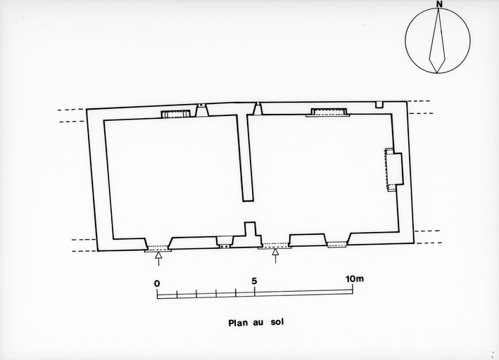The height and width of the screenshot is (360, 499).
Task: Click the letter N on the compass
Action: pos(439,4)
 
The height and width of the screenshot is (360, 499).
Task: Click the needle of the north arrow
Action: pos(437,41)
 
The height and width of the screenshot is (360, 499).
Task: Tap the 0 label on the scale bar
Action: pos(157,283)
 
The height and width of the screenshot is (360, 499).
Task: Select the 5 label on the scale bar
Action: pos(254,281)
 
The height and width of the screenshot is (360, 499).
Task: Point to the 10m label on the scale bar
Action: pos(355,279)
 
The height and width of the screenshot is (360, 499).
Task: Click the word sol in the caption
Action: pos(277,322)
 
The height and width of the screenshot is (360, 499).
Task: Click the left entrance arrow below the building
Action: pos(158,259)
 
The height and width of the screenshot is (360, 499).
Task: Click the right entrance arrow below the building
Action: pos(276,257)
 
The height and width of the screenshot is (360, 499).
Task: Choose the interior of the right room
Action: pos(322,175)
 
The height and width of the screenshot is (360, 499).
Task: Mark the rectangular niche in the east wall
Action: pos(395,169)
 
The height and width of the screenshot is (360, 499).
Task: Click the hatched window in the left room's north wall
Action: pos(175,114)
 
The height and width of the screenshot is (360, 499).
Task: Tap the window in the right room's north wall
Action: pos(328,112)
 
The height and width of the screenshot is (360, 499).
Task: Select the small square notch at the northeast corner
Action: pos(379,105)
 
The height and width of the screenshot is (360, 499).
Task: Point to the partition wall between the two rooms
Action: pos(245,158)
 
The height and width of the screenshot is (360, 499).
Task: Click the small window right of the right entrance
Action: pos(337,244)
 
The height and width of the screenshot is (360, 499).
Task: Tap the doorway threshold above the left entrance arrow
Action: pos(158,248)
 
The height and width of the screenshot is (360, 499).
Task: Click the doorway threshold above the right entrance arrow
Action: pos(274,245)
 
